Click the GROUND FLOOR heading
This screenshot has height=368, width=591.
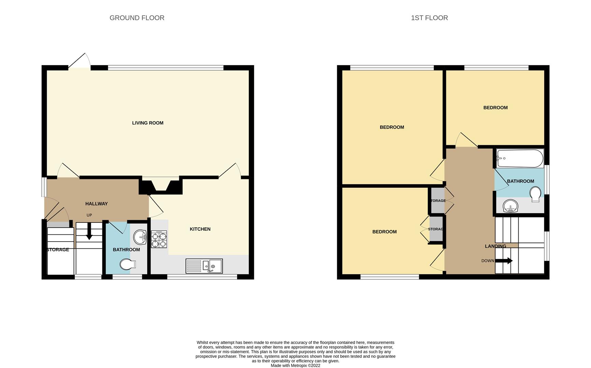[x=137, y=18]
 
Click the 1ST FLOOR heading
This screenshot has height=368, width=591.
[x=429, y=18]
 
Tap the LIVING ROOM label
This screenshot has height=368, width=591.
[x=147, y=123]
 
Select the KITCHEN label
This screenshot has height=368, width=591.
[x=200, y=229]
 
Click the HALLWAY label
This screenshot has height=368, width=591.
[x=96, y=204]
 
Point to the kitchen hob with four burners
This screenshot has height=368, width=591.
[x=159, y=239]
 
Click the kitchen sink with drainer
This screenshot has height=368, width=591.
[x=204, y=266]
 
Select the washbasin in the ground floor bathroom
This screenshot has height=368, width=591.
[x=140, y=237]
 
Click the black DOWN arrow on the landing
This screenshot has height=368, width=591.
[x=504, y=261]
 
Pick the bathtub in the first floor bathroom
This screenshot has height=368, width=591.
[x=520, y=158]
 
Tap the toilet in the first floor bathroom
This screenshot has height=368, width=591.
[x=535, y=193]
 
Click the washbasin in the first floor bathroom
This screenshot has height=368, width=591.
[x=510, y=206]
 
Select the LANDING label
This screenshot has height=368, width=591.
[x=495, y=246]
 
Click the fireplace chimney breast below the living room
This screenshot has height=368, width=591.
[x=160, y=187]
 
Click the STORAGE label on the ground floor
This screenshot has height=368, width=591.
[x=58, y=250]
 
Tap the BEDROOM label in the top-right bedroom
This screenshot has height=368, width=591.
[x=495, y=108]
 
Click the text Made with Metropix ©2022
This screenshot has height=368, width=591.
[x=295, y=365]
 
